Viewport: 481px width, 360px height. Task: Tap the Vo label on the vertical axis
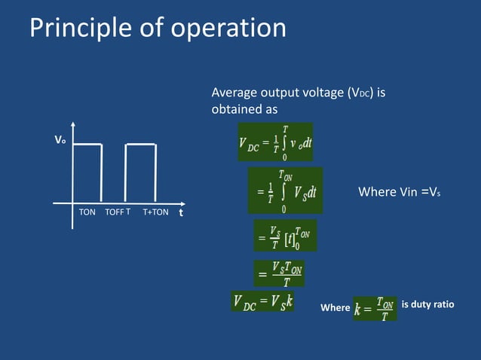click(x=58, y=140)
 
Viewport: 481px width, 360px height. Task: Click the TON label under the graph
click(x=87, y=212)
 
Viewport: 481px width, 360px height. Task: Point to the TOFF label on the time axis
click(x=114, y=212)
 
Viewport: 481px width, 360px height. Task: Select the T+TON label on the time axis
click(x=155, y=212)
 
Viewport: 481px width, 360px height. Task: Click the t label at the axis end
click(x=181, y=212)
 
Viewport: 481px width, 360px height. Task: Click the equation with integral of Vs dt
click(x=285, y=191)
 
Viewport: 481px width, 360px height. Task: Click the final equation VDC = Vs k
click(x=263, y=303)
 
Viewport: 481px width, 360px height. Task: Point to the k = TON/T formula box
click(x=375, y=307)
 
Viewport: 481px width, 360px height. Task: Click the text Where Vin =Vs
click(x=399, y=192)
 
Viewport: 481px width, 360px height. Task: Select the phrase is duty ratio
click(x=427, y=305)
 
